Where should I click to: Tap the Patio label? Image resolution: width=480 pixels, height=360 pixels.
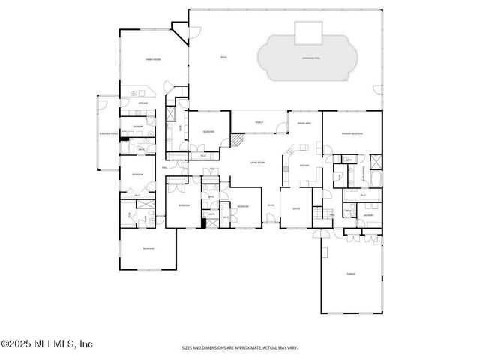pos(223,57)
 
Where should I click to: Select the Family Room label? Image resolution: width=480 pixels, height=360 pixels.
pos(153,59)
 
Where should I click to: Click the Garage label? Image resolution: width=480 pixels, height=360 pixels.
pos(351,274)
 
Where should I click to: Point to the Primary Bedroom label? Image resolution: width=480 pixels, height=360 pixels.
pos(352,133)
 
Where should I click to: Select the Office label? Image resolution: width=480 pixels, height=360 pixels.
pos(296,209)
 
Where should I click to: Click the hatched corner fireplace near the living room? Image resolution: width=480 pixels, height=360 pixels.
pos(237,140)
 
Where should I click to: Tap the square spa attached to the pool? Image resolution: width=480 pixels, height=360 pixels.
pos(308,32)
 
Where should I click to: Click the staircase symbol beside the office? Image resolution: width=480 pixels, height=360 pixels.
pos(325,214)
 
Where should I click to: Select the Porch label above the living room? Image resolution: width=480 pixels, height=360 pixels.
pos(259,122)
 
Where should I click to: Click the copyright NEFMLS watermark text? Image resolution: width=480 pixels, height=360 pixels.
pos(46,344)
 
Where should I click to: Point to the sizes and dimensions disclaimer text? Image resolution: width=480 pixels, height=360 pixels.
pos(239,347)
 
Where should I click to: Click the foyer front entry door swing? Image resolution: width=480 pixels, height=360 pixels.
pos(269,221)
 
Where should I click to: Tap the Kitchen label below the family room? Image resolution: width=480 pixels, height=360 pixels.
pos(142,103)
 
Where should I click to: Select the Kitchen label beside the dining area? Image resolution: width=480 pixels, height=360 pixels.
pos(304,166)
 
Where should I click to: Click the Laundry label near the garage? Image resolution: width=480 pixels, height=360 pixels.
pos(368,214)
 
